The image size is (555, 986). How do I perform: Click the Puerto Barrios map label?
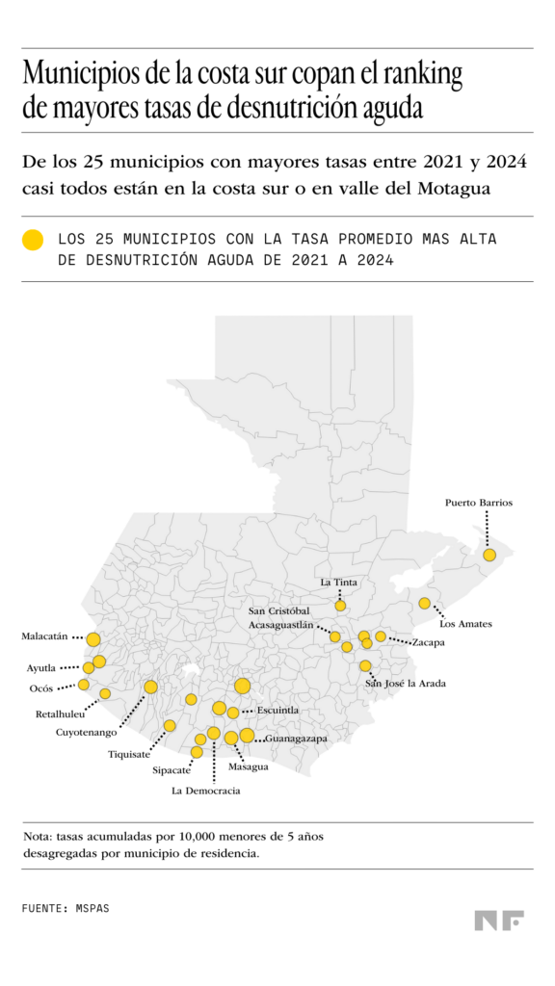tap(478, 503)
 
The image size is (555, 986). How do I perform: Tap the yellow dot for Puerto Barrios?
tap(489, 555)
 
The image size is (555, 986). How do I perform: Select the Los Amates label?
tap(465, 624)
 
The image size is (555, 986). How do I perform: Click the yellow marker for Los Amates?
tap(424, 604)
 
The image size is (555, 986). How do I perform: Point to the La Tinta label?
tap(338, 582)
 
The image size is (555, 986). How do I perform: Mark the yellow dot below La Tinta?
tap(340, 606)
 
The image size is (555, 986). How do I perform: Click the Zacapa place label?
tap(428, 642)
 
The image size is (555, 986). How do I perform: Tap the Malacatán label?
tap(44, 636)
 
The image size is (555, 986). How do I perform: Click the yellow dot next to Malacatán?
tap(93, 639)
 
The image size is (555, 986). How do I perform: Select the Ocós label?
tap(41, 688)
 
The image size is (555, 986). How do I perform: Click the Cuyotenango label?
tap(86, 733)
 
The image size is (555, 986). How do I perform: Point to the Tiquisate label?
tap(129, 754)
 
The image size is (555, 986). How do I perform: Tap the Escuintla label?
tap(277, 711)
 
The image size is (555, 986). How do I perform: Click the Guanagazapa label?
tap(296, 739)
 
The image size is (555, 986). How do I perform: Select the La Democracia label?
tap(206, 791)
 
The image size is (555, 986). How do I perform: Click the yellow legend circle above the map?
tap(34, 241)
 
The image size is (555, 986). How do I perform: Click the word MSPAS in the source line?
tap(92, 908)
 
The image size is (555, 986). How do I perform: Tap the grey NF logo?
tap(498, 921)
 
